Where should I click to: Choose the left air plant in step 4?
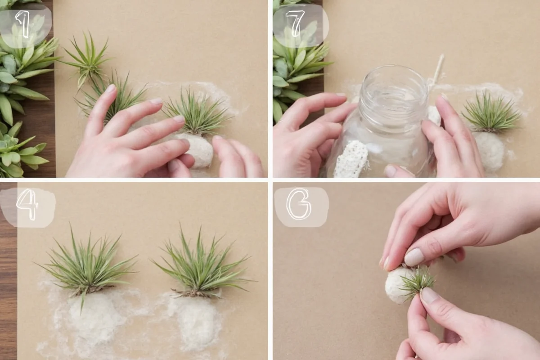pyautogui.click(x=88, y=265)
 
